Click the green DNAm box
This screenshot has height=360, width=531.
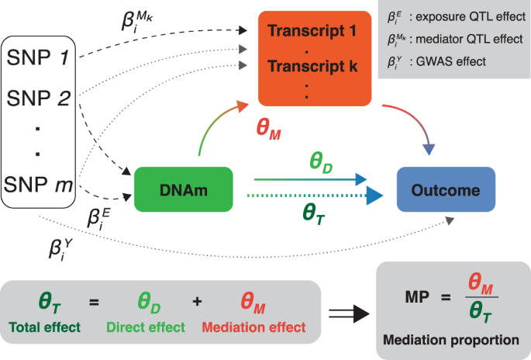point(184,189)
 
